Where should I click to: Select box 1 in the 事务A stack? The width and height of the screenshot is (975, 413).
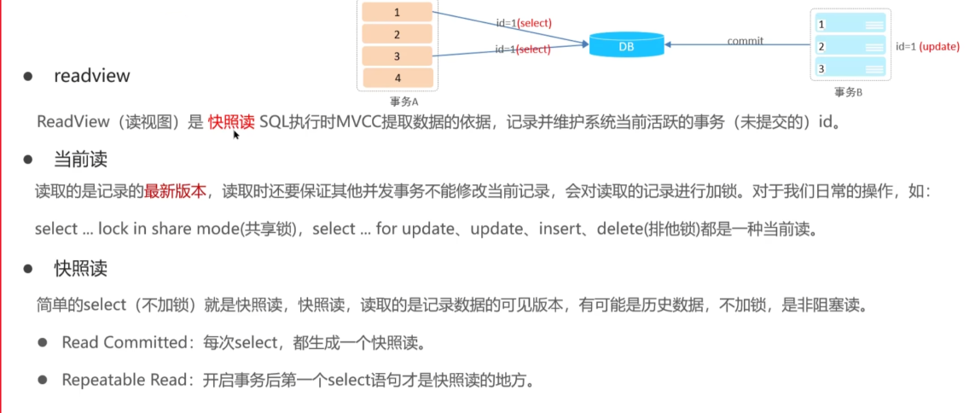pyautogui.click(x=397, y=13)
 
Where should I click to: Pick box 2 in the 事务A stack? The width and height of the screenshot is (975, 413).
pyautogui.click(x=397, y=34)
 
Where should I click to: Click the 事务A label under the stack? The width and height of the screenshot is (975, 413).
pyautogui.click(x=398, y=100)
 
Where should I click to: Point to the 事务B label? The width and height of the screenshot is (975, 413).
pyautogui.click(x=849, y=91)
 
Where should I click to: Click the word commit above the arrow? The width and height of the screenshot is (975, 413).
pyautogui.click(x=745, y=40)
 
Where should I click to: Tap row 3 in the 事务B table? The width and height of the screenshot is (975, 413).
pyautogui.click(x=850, y=68)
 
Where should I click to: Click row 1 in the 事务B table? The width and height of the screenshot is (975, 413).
pyautogui.click(x=850, y=26)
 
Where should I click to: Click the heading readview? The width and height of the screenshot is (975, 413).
pyautogui.click(x=92, y=76)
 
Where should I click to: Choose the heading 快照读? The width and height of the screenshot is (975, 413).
pyautogui.click(x=80, y=269)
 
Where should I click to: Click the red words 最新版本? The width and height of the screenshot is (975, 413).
pyautogui.click(x=175, y=190)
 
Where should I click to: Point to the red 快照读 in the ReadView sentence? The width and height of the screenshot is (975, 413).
pyautogui.click(x=231, y=121)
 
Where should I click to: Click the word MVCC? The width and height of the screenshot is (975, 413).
pyautogui.click(x=362, y=121)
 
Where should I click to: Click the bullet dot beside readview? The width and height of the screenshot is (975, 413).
pyautogui.click(x=29, y=76)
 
